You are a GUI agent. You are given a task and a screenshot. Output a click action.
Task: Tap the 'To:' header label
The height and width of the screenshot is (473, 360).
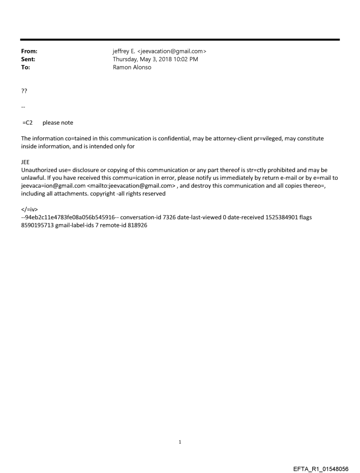click(x=26, y=67)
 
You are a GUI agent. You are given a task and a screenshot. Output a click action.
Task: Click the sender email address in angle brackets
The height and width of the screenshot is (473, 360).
click(x=172, y=52)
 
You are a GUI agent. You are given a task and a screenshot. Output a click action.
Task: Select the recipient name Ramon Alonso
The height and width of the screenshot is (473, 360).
click(x=132, y=67)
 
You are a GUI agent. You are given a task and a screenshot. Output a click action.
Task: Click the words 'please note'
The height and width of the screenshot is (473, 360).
click(x=58, y=123)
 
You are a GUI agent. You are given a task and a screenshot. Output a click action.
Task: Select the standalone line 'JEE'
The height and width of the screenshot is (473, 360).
click(x=26, y=162)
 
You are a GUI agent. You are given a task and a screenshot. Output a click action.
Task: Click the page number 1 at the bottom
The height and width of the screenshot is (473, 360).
click(x=180, y=442)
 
